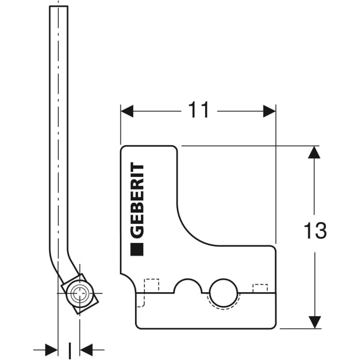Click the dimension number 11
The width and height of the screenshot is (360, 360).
pos(199,110)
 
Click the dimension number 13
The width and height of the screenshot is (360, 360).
pos(314,230)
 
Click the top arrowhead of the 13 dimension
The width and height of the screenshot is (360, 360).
pos(314,152)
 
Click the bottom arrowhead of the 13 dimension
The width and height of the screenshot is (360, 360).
pos(314,322)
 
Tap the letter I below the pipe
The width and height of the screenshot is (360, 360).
pos(70,349)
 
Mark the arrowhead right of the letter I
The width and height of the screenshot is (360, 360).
pos(86,349)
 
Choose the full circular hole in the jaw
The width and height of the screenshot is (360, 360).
pos(224,293)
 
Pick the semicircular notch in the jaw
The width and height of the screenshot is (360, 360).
pos(188,287)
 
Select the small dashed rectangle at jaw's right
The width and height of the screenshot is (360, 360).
pos(260,289)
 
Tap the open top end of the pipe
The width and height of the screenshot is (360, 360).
pos(58,7)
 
